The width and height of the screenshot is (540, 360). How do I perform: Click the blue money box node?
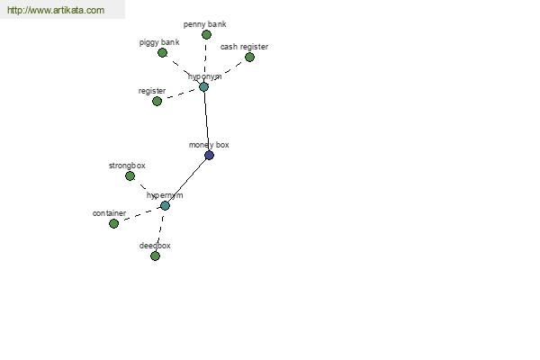click(209, 156)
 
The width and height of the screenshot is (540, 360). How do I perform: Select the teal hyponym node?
click(204, 86)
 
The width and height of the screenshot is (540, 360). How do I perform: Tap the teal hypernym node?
click(165, 206)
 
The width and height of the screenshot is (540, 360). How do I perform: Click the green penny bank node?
click(206, 34)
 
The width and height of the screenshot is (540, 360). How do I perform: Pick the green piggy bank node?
click(163, 53)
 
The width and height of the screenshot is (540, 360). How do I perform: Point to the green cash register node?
click(249, 57)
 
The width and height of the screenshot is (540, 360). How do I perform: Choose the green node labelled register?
click(157, 102)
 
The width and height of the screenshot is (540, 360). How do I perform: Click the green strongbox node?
click(130, 176)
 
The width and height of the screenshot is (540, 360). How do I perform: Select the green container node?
click(113, 223)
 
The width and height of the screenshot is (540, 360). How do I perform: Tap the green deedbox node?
click(155, 256)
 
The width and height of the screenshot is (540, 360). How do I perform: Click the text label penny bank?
click(204, 24)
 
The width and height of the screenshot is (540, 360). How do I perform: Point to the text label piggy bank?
click(159, 42)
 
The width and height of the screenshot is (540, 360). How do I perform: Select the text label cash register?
click(244, 47)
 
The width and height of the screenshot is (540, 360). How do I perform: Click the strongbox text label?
click(127, 166)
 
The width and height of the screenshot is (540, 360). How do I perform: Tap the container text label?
click(109, 213)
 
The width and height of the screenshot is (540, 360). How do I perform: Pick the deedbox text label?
click(155, 246)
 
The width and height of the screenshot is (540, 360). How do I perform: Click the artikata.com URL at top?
click(56, 10)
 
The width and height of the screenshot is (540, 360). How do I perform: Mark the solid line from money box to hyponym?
click(207, 121)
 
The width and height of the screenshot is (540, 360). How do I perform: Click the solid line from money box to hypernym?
click(187, 181)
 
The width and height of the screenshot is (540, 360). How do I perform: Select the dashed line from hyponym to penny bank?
click(205, 60)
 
